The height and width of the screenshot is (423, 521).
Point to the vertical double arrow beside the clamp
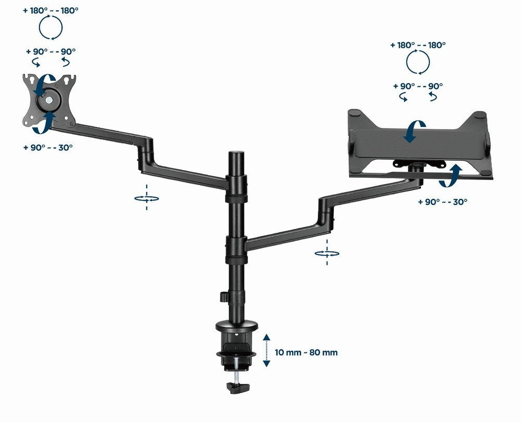pos(266,351)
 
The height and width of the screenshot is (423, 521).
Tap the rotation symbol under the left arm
pos(146,198)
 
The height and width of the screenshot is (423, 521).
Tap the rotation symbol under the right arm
pos(327,253)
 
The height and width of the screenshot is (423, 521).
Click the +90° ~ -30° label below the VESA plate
pos(48,147)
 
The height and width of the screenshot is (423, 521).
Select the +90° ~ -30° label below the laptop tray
pos(442,201)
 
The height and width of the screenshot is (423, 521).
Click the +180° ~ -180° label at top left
pos(51,10)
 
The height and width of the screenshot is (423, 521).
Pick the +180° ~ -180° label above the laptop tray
pos(418,45)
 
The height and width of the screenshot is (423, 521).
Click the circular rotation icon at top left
pos(51,28)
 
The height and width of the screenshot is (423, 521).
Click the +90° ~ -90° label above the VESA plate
pos(51,52)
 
